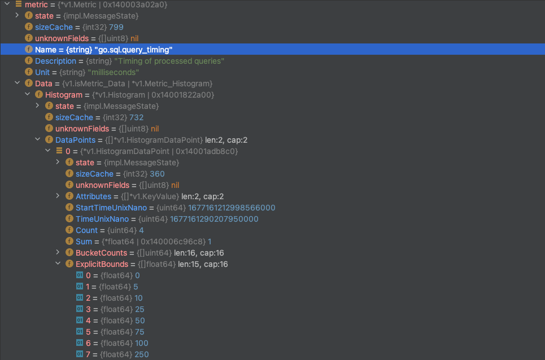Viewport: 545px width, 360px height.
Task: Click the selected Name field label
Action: (x=46, y=50)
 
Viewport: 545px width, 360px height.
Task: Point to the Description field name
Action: (x=55, y=61)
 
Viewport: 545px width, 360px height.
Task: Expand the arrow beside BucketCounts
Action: (x=58, y=253)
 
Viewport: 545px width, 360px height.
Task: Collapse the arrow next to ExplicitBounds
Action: (x=58, y=264)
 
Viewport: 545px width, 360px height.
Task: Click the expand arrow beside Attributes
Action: (x=58, y=196)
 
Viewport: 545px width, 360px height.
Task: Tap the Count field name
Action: (x=86, y=230)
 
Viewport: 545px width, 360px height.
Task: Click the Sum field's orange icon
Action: (x=69, y=242)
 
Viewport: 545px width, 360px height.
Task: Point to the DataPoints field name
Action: (x=75, y=140)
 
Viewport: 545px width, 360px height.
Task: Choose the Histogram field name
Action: (x=64, y=95)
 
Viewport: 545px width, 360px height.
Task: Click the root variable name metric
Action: (x=36, y=5)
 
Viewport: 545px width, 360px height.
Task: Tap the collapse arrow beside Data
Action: (x=17, y=84)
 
